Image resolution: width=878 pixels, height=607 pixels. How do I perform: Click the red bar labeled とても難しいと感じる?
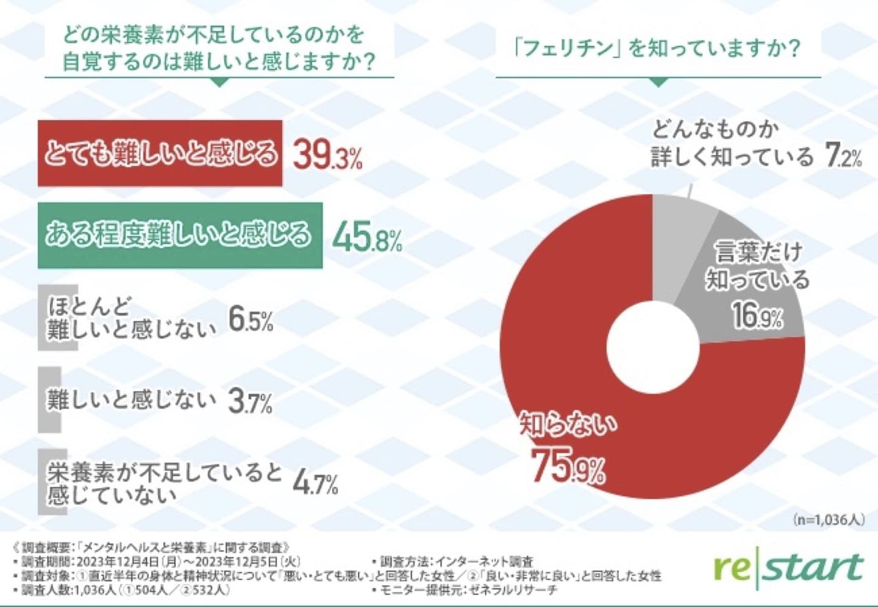click(160, 153)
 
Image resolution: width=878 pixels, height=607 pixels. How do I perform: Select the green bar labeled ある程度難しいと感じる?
click(180, 235)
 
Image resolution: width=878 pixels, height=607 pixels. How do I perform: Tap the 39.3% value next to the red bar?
click(327, 155)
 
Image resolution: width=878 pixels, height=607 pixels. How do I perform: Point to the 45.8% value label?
click(367, 236)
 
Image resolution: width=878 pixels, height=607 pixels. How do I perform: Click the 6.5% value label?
click(251, 319)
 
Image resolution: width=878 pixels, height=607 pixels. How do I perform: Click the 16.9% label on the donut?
click(757, 315)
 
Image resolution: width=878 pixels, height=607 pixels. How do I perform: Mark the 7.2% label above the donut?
click(844, 156)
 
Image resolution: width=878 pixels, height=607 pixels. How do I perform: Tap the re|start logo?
click(789, 569)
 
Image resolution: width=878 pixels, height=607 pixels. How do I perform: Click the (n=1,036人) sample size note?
click(829, 520)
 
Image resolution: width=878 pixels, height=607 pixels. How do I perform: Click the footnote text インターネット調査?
click(485, 561)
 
